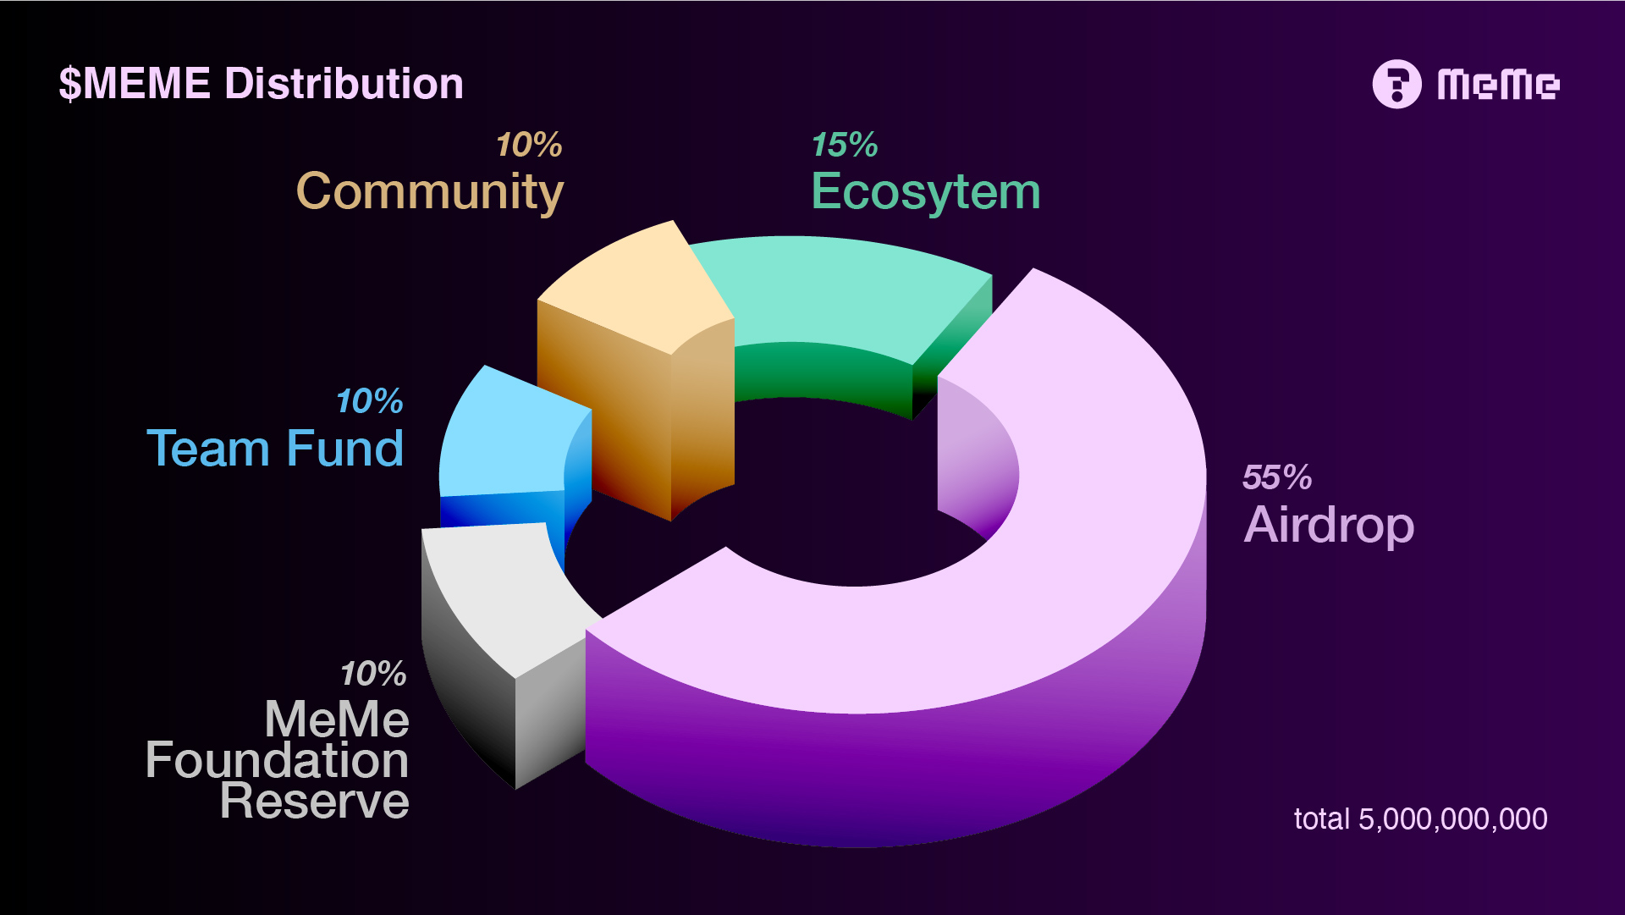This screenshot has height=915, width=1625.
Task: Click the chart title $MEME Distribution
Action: pyautogui.click(x=261, y=84)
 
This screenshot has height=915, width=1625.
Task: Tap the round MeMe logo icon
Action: pyautogui.click(x=1396, y=84)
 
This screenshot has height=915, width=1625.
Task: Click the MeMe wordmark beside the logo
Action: pyautogui.click(x=1498, y=85)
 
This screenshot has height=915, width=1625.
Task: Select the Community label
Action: pyautogui.click(x=430, y=193)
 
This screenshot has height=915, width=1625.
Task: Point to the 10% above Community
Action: pyautogui.click(x=529, y=145)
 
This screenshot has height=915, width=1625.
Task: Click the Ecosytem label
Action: pyautogui.click(x=926, y=193)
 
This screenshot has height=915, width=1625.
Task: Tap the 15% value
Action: pyautogui.click(x=845, y=145)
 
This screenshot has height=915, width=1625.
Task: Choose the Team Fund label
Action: pyautogui.click(x=275, y=448)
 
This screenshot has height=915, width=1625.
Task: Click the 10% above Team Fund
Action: pyautogui.click(x=370, y=401)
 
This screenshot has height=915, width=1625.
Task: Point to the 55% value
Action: pyautogui.click(x=1277, y=477)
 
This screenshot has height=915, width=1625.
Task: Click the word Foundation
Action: pyautogui.click(x=277, y=760)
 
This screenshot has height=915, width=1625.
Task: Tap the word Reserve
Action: pyautogui.click(x=314, y=801)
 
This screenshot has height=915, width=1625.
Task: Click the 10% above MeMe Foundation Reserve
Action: pyautogui.click(x=373, y=674)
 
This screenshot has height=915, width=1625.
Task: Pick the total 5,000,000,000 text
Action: pyautogui.click(x=1421, y=819)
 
